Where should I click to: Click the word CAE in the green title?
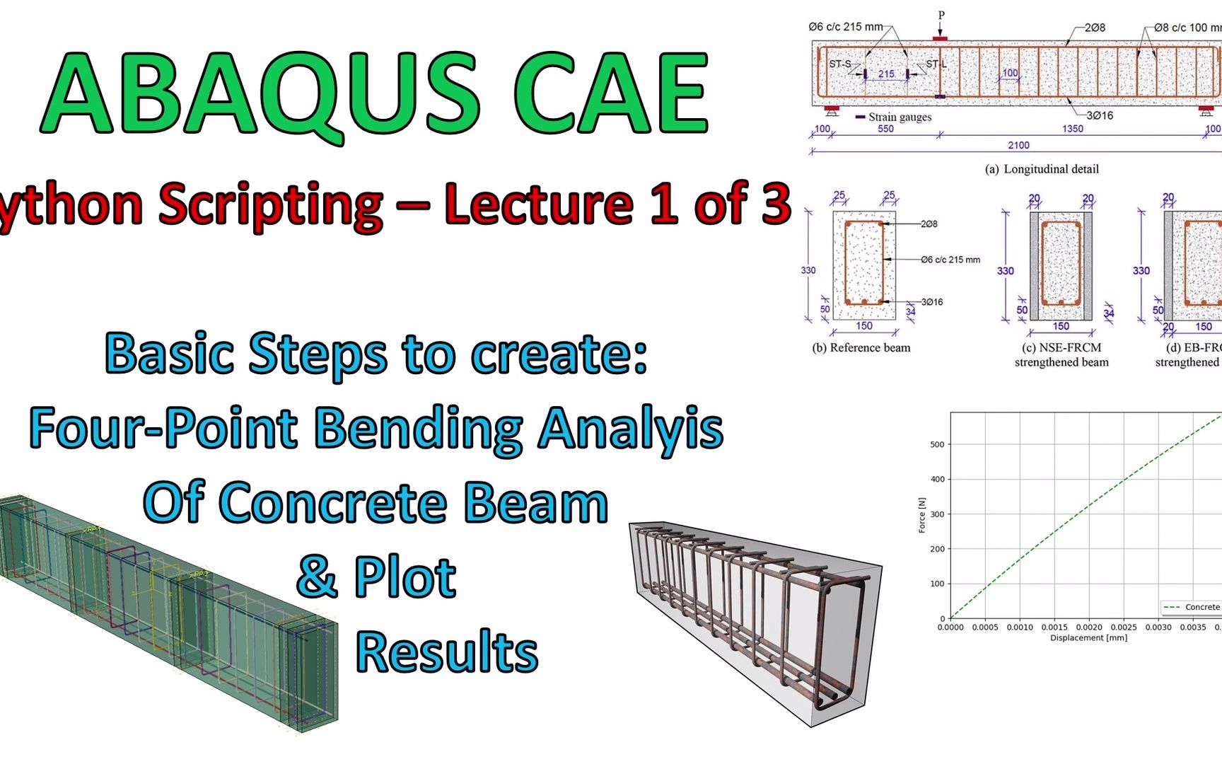click(610, 94)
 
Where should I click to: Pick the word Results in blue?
click(446, 652)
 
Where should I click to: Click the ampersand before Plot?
click(316, 577)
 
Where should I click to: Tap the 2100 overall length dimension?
click(1018, 145)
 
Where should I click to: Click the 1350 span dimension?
click(1072, 129)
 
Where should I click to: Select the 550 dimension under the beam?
click(885, 129)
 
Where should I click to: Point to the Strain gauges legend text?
click(900, 117)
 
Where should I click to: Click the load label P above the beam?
click(941, 15)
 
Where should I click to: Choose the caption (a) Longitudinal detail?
click(1042, 169)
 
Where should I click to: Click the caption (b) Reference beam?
click(861, 347)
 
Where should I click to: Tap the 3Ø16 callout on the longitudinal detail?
click(1100, 115)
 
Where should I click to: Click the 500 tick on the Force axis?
click(937, 445)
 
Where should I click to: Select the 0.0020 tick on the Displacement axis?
click(1089, 627)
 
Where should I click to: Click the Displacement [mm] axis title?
click(1088, 638)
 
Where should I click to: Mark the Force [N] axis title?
click(921, 515)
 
